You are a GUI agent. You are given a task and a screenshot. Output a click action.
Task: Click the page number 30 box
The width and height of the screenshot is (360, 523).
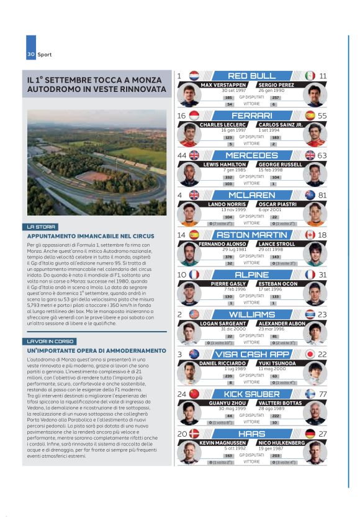(x=31, y=55)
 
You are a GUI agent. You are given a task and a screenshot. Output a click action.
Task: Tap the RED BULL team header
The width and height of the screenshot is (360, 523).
(x=251, y=76)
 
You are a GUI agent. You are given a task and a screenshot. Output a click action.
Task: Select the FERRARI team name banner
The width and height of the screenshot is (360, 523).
(x=251, y=116)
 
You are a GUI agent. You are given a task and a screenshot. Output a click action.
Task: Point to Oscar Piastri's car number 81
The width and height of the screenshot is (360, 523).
(x=323, y=195)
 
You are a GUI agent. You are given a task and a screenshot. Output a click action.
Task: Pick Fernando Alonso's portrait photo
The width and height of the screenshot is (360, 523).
(x=189, y=254)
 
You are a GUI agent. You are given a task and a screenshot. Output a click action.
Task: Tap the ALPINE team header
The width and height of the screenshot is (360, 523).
(x=251, y=275)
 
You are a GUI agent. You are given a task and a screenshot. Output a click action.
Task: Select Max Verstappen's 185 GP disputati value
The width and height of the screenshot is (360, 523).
(x=228, y=98)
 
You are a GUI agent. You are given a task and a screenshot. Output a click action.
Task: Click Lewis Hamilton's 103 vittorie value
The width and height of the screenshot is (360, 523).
(x=228, y=184)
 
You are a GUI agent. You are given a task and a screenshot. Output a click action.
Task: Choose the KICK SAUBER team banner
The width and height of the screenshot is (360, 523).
(x=251, y=394)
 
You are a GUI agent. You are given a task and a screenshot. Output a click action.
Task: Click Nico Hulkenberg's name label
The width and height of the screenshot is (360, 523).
(x=281, y=443)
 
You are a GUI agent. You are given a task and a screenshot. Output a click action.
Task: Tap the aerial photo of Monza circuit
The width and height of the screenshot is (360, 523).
(x=97, y=163)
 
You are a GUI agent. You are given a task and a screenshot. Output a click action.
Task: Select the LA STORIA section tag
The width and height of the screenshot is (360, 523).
(x=42, y=227)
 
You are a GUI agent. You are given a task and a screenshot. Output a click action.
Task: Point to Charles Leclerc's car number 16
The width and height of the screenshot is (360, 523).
(x=181, y=116)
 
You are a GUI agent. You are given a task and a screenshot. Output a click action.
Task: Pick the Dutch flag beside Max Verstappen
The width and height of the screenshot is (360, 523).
(x=194, y=76)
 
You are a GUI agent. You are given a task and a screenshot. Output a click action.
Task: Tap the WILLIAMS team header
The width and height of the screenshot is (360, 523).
(x=251, y=314)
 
